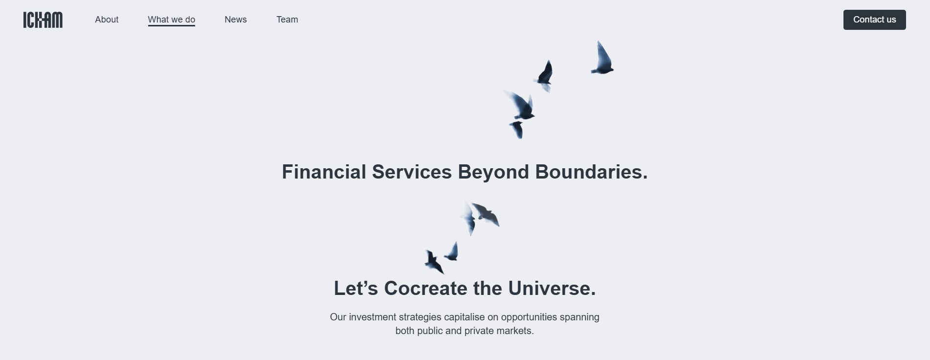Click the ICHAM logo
pyautogui.click(x=43, y=20)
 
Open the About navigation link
pyautogui.click(x=107, y=20)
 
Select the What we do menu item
pyautogui.click(x=172, y=20)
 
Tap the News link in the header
pyautogui.click(x=236, y=20)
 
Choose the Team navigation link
pyautogui.click(x=287, y=20)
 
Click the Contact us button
pyautogui.click(x=874, y=20)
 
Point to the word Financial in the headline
pyautogui.click(x=324, y=172)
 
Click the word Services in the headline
pyautogui.click(x=412, y=172)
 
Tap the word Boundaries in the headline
pyautogui.click(x=591, y=172)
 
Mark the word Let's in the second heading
pyautogui.click(x=356, y=289)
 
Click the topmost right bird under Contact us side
pyautogui.click(x=602, y=59)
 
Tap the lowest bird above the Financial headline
pyautogui.click(x=517, y=130)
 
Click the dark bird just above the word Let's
pyautogui.click(x=433, y=261)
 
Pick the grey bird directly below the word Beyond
pyautogui.click(x=486, y=214)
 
